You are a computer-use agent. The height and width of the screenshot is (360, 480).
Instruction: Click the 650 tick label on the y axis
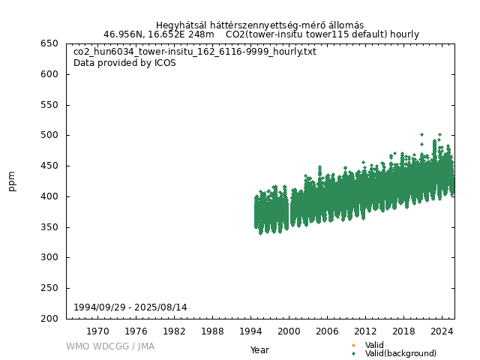50,43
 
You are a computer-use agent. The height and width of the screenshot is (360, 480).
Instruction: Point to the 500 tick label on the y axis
50,135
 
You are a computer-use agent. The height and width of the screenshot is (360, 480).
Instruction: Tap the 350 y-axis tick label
50,227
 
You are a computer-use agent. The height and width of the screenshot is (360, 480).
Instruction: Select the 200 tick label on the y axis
50,319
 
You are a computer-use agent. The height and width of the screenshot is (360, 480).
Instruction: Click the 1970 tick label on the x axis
97,331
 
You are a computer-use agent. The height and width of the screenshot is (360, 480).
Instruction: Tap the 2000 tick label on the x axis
289,331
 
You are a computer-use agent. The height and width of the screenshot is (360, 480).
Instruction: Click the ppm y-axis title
12,181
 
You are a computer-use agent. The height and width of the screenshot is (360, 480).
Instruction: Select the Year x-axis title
259,349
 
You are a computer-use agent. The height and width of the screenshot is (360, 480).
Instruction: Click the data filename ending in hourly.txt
195,52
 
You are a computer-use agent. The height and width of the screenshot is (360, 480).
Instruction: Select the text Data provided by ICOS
124,63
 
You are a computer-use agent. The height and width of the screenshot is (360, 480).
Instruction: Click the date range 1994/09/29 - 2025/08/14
130,307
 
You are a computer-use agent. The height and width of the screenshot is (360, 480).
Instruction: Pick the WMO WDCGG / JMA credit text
110,346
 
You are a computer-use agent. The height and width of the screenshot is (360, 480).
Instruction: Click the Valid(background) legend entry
400,353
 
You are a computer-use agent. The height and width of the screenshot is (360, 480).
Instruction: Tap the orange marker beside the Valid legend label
353,345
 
